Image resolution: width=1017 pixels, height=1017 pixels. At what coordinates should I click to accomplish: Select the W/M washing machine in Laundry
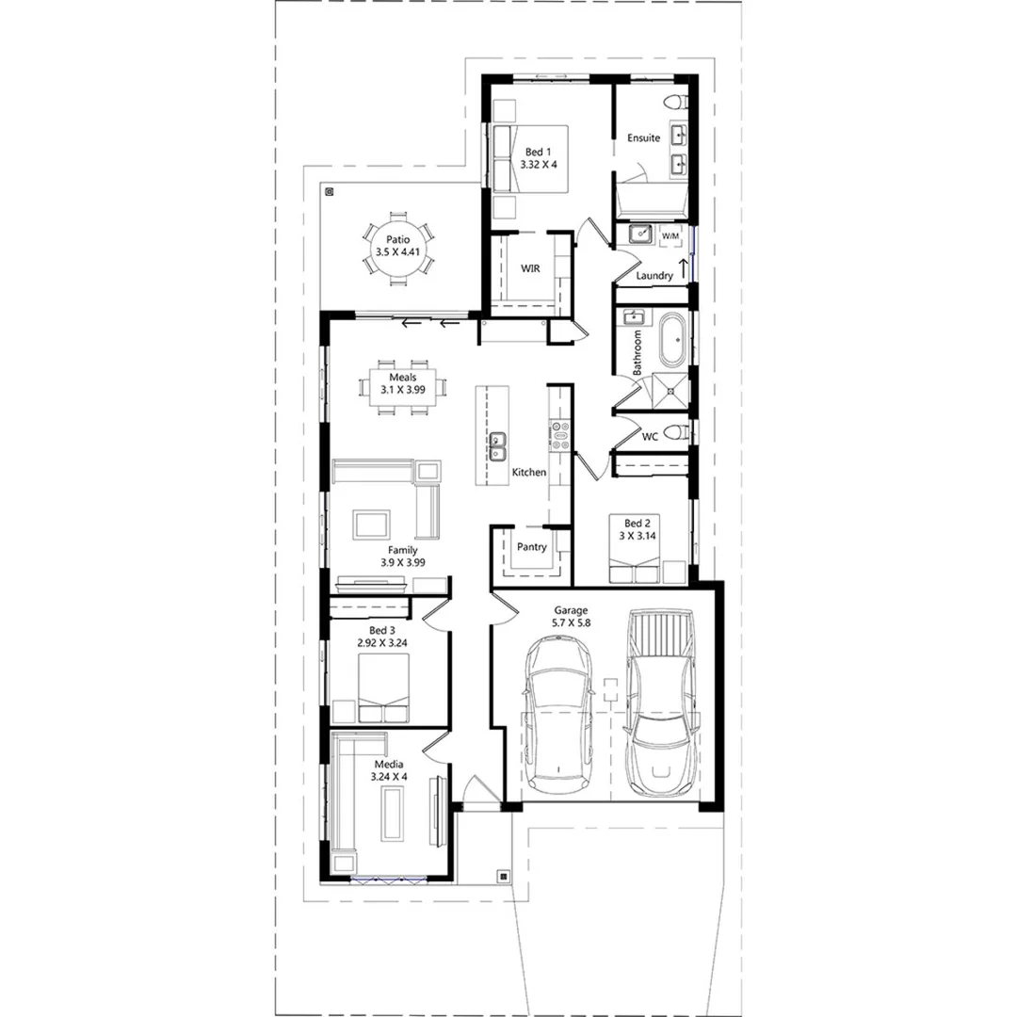tap(671, 236)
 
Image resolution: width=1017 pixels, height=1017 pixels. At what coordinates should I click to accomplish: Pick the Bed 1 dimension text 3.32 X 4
tap(539, 165)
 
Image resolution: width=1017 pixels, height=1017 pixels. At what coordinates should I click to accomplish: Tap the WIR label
tap(530, 268)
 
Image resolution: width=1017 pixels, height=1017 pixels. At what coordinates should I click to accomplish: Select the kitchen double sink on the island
tap(497, 446)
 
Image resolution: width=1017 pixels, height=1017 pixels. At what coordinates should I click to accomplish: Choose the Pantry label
tap(531, 547)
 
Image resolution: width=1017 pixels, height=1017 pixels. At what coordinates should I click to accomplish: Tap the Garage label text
tap(570, 610)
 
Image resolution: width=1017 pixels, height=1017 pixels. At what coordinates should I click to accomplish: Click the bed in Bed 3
tap(383, 687)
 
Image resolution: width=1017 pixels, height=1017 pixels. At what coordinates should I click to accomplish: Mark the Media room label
tap(390, 764)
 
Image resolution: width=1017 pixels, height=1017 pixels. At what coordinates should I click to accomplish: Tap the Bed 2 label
tap(636, 524)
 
